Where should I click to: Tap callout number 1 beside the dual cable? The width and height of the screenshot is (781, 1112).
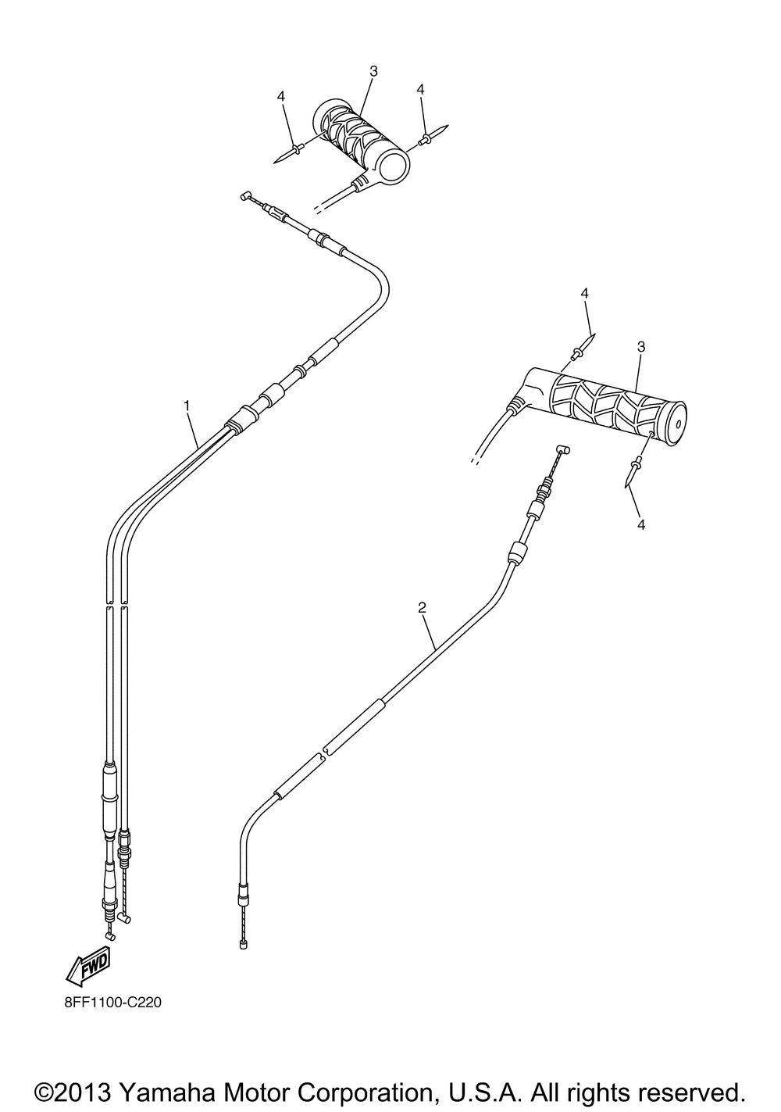pyautogui.click(x=187, y=406)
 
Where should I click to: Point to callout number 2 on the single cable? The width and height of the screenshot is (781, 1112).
pyautogui.click(x=422, y=608)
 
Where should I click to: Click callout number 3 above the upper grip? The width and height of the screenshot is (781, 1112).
pyautogui.click(x=373, y=71)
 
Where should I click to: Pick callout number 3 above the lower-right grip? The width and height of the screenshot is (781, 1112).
pyautogui.click(x=641, y=347)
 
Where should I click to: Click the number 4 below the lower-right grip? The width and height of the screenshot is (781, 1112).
pyautogui.click(x=641, y=524)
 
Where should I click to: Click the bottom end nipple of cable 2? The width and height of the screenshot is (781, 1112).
pyautogui.click(x=243, y=945)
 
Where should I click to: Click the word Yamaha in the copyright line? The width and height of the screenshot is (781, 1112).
pyautogui.click(x=164, y=1092)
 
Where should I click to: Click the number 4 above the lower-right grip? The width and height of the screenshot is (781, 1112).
pyautogui.click(x=584, y=293)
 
